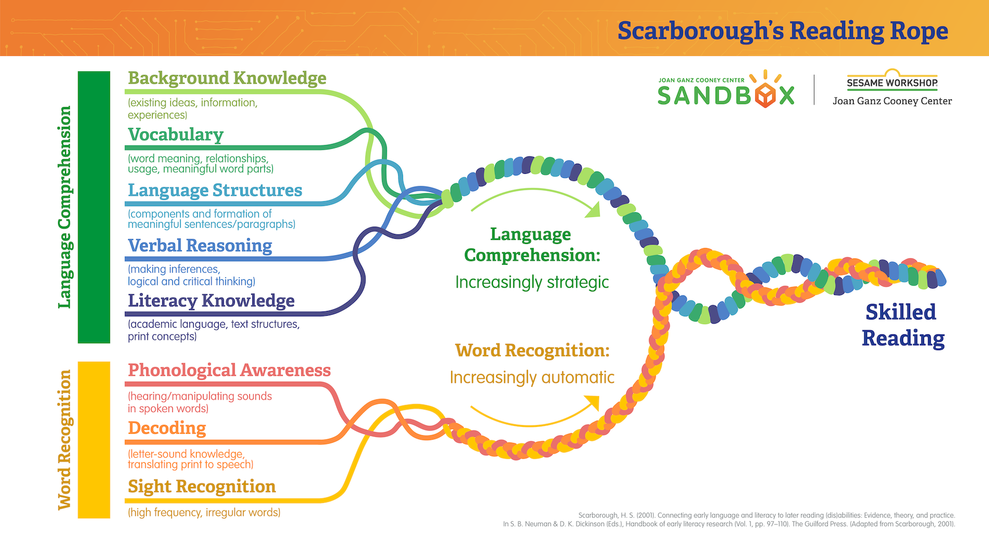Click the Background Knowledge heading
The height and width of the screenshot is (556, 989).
[x=227, y=78]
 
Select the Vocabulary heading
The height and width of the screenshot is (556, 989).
[x=175, y=135]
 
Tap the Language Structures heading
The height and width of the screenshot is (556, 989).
[x=214, y=190]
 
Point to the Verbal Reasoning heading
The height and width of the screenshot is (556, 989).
[x=200, y=245]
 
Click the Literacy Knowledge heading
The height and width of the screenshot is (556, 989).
[x=211, y=301]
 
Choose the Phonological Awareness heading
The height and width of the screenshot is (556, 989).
[x=229, y=370]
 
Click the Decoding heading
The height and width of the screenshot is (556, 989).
[x=167, y=428]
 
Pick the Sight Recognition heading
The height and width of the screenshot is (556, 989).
[x=201, y=486]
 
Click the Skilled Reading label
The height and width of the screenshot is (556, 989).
[x=903, y=325]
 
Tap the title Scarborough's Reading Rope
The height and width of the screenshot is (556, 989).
[x=782, y=31]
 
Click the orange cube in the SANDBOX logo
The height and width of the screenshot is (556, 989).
[x=765, y=96]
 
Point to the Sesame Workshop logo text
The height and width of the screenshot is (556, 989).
[x=892, y=83]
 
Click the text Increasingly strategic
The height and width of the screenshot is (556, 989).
[x=531, y=282]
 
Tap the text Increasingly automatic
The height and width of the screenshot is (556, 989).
[x=531, y=377]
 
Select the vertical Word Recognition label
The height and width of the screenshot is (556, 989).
[x=64, y=440]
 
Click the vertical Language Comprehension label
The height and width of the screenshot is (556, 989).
[x=64, y=207]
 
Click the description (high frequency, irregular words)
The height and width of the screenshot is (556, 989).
[x=204, y=512]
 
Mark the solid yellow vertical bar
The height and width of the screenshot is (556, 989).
[x=94, y=440]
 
